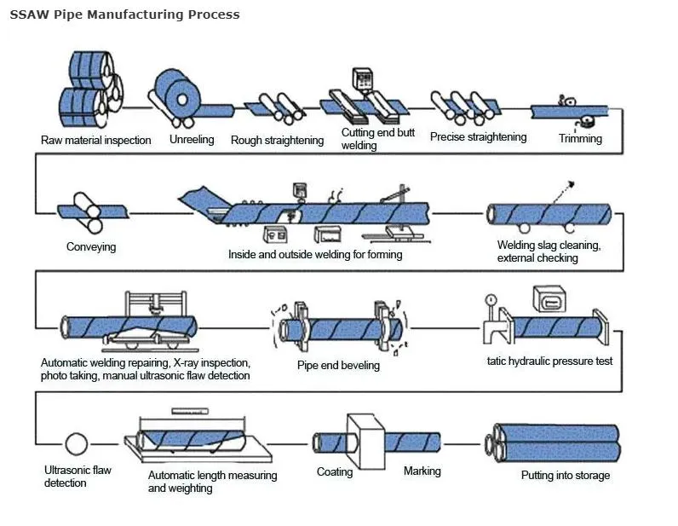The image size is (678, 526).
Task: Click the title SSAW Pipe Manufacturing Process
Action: click(x=124, y=14)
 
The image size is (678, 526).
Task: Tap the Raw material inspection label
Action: click(x=96, y=140)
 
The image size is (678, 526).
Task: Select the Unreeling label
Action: click(x=192, y=139)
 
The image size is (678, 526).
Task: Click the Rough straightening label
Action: click(x=277, y=140)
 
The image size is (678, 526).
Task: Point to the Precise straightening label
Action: click(x=478, y=137)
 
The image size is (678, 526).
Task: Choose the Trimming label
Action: click(x=580, y=138)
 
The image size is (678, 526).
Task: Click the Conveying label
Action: click(x=91, y=247)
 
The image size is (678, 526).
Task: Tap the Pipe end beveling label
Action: click(x=338, y=366)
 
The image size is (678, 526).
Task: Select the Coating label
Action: click(x=335, y=471)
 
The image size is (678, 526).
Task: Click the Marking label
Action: click(x=422, y=471)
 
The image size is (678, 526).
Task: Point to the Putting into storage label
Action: click(x=566, y=476)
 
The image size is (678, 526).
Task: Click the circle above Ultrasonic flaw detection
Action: click(x=77, y=444)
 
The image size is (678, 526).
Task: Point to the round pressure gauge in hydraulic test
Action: click(x=491, y=300)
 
